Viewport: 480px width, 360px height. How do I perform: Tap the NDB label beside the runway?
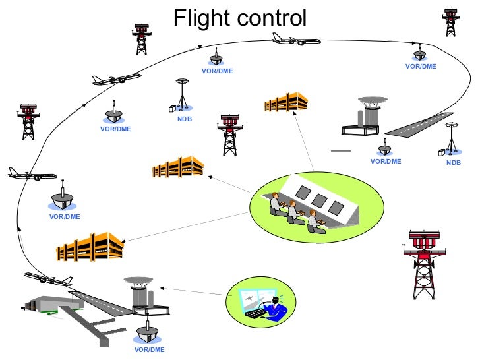pos(453,162)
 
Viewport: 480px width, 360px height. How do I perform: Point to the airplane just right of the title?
pos(296,40)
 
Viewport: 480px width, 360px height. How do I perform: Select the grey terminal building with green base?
pos(53,302)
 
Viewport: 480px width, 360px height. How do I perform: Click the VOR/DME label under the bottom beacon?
pos(149,349)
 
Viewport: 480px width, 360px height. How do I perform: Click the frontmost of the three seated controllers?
pos(315,223)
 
